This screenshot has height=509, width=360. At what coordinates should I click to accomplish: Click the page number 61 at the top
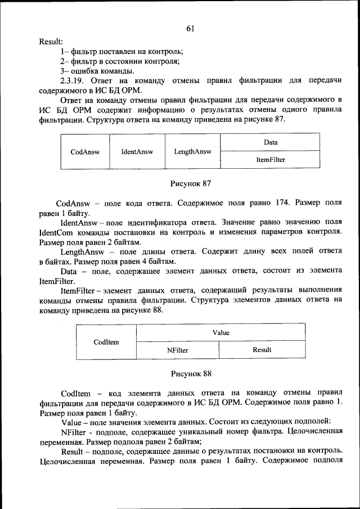[x=190, y=29]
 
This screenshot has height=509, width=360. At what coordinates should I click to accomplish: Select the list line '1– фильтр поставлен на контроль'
[x=121, y=52]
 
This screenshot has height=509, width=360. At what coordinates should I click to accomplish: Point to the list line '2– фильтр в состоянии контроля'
[x=120, y=61]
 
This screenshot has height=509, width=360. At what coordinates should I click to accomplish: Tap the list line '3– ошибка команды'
[x=97, y=71]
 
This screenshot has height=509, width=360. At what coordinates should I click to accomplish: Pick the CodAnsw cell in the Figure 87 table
[x=85, y=151]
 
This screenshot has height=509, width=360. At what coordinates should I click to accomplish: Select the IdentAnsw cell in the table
[x=137, y=151]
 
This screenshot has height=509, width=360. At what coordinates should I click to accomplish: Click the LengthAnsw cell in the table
[x=192, y=151]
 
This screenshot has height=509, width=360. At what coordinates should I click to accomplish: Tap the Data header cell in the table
[x=270, y=142]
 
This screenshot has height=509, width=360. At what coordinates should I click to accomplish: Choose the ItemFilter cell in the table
[x=270, y=160]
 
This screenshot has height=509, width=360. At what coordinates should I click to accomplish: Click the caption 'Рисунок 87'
[x=190, y=183]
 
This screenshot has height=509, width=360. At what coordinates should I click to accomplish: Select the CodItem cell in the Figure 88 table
[x=106, y=341]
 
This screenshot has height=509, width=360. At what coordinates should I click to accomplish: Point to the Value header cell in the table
[x=221, y=332]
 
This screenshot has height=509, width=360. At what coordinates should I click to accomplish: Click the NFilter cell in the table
[x=177, y=350]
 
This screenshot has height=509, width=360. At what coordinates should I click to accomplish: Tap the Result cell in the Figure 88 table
[x=262, y=350]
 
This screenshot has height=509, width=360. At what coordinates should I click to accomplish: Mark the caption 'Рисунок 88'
[x=190, y=373]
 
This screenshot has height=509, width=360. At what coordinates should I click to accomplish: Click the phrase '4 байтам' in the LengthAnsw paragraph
[x=160, y=262]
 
